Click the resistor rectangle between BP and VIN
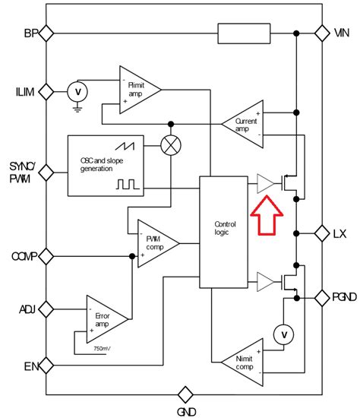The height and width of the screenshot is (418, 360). (x=244, y=33)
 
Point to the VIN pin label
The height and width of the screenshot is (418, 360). (x=343, y=33)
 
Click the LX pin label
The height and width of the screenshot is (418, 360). (x=339, y=234)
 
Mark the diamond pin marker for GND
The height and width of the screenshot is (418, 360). (x=185, y=394)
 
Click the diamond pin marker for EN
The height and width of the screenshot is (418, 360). (x=46, y=366)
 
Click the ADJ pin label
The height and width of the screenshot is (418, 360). (x=27, y=309)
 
